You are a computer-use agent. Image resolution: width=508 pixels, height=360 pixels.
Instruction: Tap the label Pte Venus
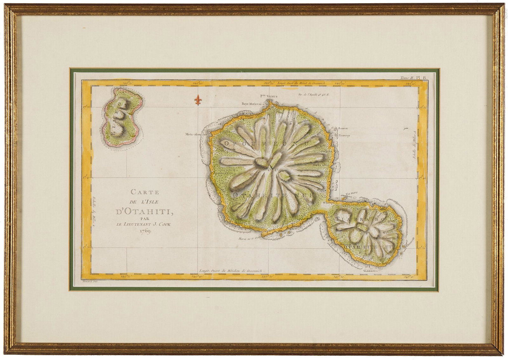264,96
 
